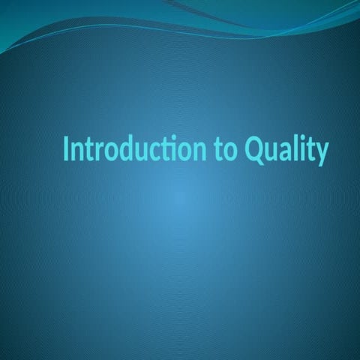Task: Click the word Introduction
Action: click(135, 148)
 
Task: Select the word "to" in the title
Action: click(226, 150)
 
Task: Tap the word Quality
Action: click(286, 151)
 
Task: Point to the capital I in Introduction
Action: click(66, 148)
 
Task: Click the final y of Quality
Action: click(321, 155)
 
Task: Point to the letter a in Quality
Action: click(287, 152)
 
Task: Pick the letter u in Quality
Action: click(272, 152)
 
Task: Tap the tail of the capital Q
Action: click(260, 162)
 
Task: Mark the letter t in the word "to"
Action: click(219, 151)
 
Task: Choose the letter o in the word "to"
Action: click(230, 152)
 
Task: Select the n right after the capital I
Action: click(76, 152)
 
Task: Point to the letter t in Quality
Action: click(310, 151)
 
